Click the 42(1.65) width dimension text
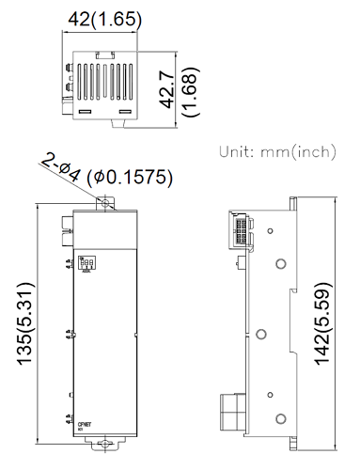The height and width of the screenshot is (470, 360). [100, 17]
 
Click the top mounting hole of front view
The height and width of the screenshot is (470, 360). [105, 201]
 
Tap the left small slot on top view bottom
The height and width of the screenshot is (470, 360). [84, 111]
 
